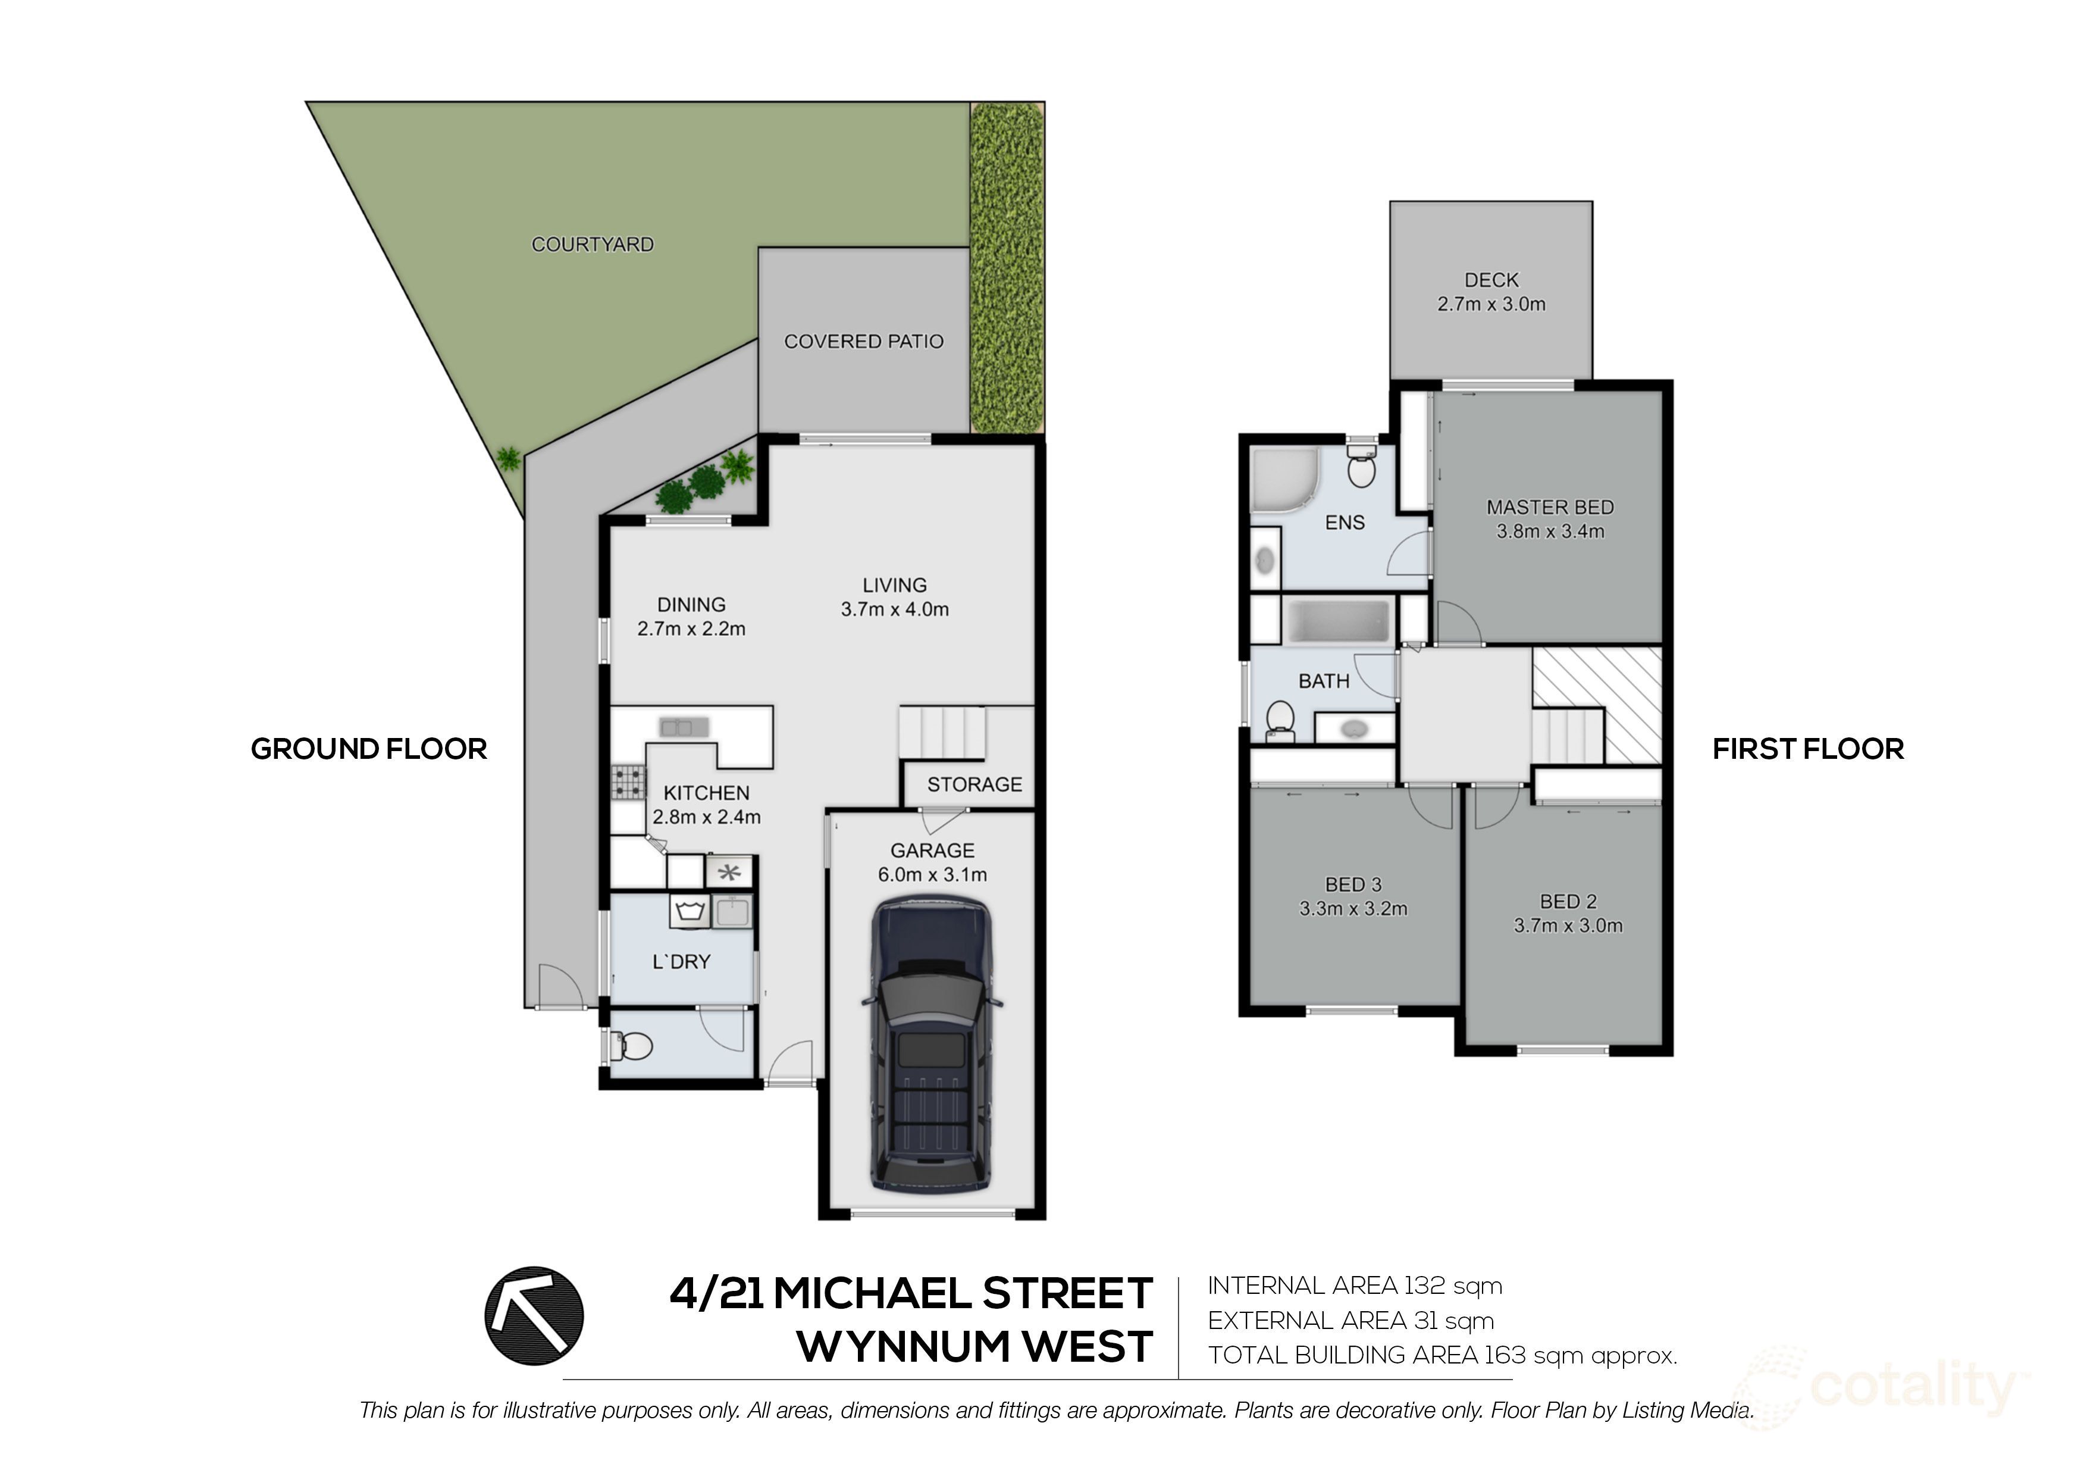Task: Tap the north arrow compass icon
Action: (x=534, y=1316)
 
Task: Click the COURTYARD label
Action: (x=592, y=245)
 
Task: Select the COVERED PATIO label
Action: (x=863, y=342)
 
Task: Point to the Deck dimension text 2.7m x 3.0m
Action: (x=1491, y=305)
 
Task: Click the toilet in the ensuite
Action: (x=1361, y=469)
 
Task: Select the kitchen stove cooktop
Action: (x=628, y=782)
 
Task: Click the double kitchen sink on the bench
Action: (x=684, y=727)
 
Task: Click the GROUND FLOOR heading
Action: (x=368, y=749)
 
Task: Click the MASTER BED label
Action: (x=1550, y=508)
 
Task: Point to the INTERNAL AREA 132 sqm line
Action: (x=1355, y=1286)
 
